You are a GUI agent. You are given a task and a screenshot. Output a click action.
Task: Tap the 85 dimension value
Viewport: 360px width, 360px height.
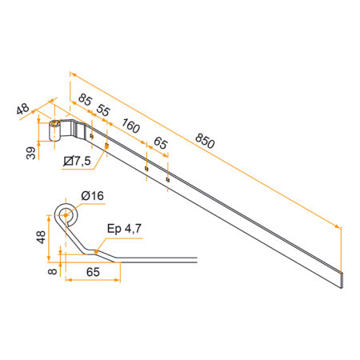(85, 100)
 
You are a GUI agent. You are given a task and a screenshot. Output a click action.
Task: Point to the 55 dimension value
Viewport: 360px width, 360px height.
(102, 109)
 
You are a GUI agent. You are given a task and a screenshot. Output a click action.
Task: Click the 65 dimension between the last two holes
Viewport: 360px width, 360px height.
(161, 144)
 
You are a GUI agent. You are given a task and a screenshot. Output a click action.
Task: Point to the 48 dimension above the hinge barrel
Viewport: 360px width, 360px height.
(22, 108)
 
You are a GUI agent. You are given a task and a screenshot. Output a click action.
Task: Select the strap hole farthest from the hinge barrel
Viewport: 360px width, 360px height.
(167, 179)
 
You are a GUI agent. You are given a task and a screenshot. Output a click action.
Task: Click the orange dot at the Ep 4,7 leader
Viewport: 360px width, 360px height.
(97, 251)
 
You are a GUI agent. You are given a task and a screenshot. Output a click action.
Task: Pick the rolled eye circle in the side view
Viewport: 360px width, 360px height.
(66, 212)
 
